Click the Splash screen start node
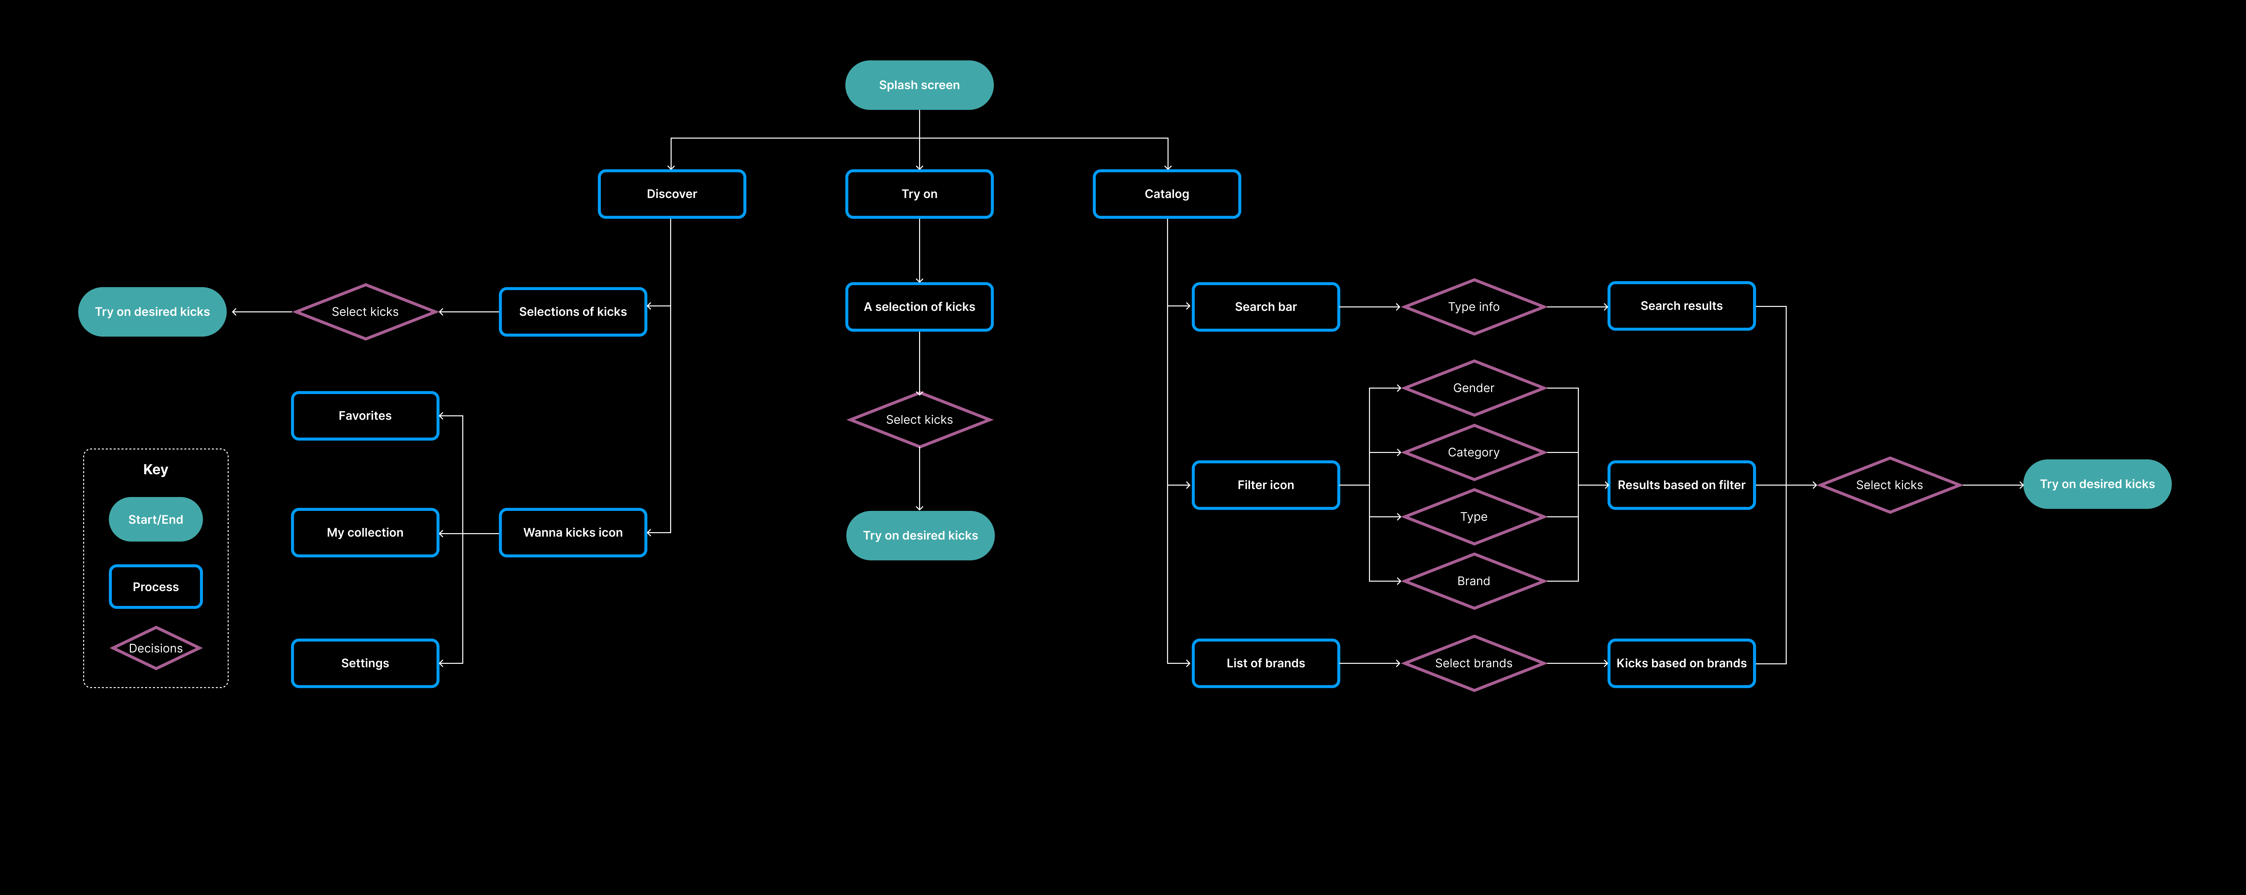click(919, 85)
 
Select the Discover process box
click(671, 194)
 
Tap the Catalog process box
click(1167, 194)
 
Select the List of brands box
click(1265, 663)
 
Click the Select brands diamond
click(1473, 663)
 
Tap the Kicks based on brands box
click(1681, 663)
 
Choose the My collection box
click(365, 532)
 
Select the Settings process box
click(365, 663)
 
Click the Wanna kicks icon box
click(573, 532)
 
